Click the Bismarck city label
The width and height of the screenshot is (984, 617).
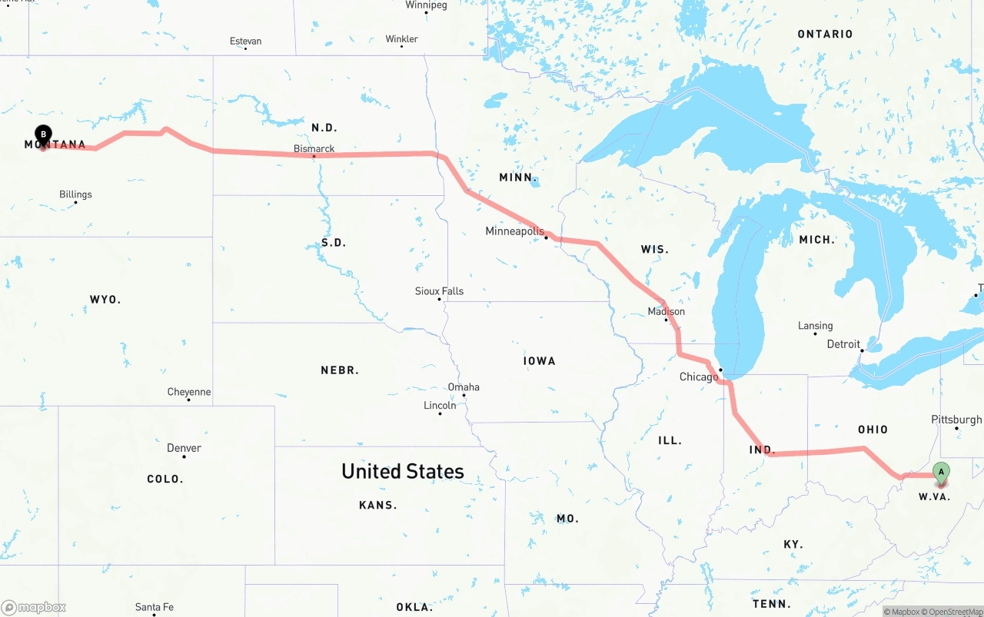coord(314,148)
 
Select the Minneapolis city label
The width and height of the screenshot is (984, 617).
coord(514,231)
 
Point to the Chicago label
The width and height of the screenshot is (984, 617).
coord(698,377)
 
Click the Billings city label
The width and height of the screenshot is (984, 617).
coord(75,194)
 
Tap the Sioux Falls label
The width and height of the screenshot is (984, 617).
coord(439,291)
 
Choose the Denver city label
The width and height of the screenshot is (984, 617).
coord(184,448)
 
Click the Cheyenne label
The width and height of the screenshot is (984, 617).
coord(188,392)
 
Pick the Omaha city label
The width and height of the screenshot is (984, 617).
coord(464,386)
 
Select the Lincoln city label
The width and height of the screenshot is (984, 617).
coord(440,405)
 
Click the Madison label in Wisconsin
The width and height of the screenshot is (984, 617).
coord(666,311)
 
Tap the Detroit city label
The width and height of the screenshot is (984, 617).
coord(843,344)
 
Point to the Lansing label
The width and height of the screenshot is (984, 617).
coord(815,326)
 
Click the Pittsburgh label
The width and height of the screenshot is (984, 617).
coord(956,420)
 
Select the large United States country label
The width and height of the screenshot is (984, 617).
coord(403,471)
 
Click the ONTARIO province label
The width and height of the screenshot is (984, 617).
coord(825,34)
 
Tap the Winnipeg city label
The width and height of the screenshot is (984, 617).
coord(426,5)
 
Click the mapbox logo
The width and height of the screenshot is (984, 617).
coord(34,607)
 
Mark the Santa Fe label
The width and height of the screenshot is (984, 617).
coord(154,606)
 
